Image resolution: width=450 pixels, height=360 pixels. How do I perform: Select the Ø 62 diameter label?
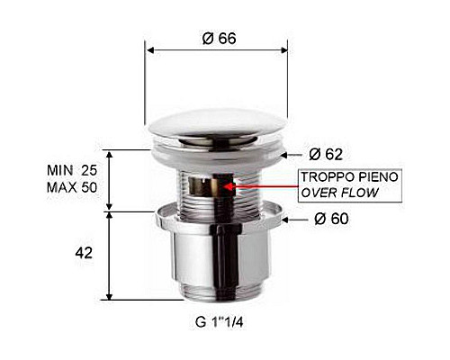[x=326, y=154]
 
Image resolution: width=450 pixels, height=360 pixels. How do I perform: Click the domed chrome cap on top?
[x=217, y=129]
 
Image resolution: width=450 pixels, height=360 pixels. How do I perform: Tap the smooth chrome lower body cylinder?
[x=217, y=261]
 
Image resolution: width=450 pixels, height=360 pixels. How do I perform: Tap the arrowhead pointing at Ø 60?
[x=285, y=219]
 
